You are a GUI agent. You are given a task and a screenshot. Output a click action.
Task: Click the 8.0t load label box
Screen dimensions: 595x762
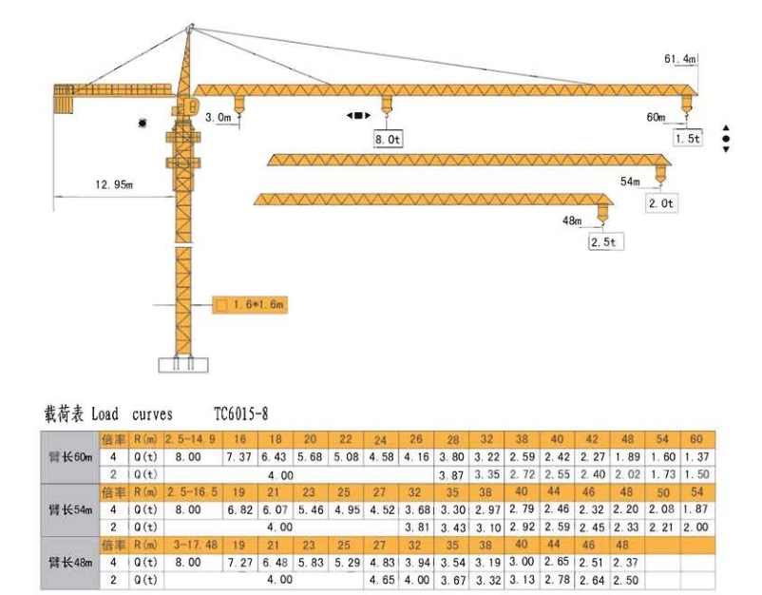389,139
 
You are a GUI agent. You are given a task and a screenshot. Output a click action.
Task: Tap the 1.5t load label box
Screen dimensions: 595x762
687,139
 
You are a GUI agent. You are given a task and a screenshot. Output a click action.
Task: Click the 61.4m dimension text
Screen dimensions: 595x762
680,60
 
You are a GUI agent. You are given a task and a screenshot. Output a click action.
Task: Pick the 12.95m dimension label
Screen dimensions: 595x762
113,184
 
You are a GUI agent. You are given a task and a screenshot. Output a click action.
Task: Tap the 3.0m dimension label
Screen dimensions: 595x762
218,118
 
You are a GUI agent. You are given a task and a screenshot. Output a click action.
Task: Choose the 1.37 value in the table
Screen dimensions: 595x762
697,457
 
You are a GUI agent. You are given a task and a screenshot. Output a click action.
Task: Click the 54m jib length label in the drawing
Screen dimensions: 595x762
630,181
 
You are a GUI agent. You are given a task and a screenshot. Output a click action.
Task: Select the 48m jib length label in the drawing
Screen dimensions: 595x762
571,221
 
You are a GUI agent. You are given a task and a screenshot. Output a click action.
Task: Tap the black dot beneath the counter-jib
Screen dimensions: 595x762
143,124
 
